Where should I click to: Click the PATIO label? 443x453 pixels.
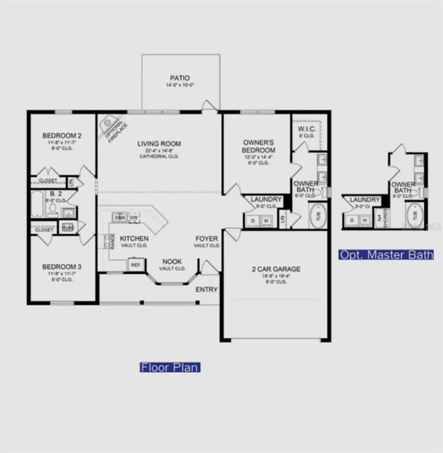[x=180, y=78]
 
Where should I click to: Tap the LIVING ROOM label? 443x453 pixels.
[x=159, y=144]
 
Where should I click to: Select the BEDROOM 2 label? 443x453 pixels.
[x=62, y=135]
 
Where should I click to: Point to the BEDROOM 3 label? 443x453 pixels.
[x=62, y=267]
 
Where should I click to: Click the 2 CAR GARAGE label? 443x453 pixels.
[x=276, y=269]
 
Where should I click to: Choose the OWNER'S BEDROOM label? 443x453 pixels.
[x=258, y=146]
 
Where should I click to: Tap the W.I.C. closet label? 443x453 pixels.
[x=307, y=129]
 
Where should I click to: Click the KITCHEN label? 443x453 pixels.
[x=134, y=238]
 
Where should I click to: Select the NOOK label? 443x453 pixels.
[x=172, y=262]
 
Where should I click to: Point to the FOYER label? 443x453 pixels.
[x=207, y=239]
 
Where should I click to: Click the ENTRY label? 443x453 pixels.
[x=207, y=290]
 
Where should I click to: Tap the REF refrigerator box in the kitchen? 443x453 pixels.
[x=135, y=265]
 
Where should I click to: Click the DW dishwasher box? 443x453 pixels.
[x=134, y=218]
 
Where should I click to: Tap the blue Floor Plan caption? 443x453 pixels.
[x=170, y=367]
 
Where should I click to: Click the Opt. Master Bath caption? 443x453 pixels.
[x=386, y=255]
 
